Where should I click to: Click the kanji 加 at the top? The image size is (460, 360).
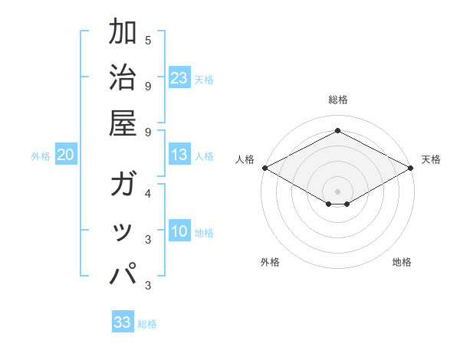click(x=123, y=34)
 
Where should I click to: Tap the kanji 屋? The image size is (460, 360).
click(x=123, y=122)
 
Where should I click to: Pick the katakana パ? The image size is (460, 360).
click(x=123, y=273)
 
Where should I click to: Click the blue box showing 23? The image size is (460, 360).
click(x=179, y=77)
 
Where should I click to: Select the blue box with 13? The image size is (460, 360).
click(x=179, y=155)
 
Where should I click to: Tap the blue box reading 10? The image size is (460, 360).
click(x=179, y=232)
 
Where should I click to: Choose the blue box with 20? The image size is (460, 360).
click(x=65, y=155)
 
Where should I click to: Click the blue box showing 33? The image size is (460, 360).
click(x=123, y=322)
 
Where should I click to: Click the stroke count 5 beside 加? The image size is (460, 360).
click(x=148, y=41)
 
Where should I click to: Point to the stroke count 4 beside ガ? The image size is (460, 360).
click(x=148, y=193)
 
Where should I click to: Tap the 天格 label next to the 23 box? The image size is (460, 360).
click(x=204, y=79)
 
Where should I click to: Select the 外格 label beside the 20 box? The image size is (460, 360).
click(x=41, y=156)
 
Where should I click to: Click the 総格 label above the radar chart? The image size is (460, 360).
click(x=337, y=100)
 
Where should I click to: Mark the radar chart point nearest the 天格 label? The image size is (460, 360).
click(x=411, y=168)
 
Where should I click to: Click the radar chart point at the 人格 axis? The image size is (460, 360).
click(x=264, y=168)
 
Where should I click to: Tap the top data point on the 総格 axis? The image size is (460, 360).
click(x=337, y=130)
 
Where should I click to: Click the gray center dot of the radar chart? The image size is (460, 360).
click(x=337, y=191)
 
